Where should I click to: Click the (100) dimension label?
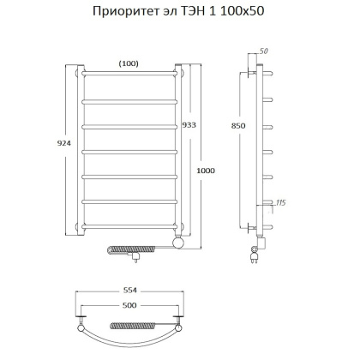tap(129, 63)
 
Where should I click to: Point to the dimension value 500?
tap(129, 306)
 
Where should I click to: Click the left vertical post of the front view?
tap(81, 149)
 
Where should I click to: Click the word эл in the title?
tap(188, 14)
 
